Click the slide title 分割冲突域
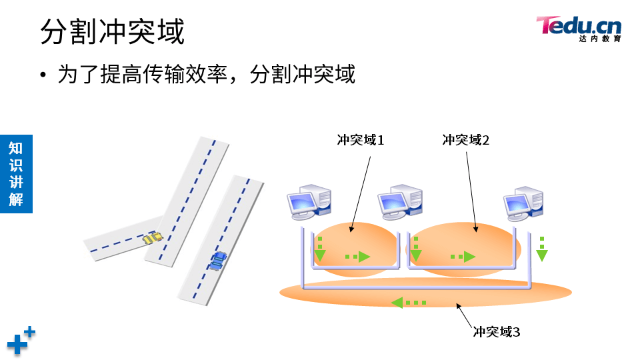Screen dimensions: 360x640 pyautogui.click(x=112, y=32)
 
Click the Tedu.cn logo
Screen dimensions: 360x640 pyautogui.click(x=578, y=27)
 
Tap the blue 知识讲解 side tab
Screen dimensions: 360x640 pyautogui.click(x=16, y=173)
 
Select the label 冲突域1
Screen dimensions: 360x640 pyautogui.click(x=361, y=140)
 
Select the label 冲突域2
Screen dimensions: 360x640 pyautogui.click(x=466, y=140)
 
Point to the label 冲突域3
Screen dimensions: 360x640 pyautogui.click(x=496, y=331)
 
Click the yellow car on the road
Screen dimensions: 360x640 pyautogui.click(x=153, y=237)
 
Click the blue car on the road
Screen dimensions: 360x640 pyautogui.click(x=218, y=261)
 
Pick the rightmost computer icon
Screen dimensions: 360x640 pyautogui.click(x=525, y=202)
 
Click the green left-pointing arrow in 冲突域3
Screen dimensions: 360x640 pyautogui.click(x=407, y=303)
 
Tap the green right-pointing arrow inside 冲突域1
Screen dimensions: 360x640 pyautogui.click(x=358, y=256)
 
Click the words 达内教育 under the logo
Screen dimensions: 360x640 pyautogui.click(x=600, y=39)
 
